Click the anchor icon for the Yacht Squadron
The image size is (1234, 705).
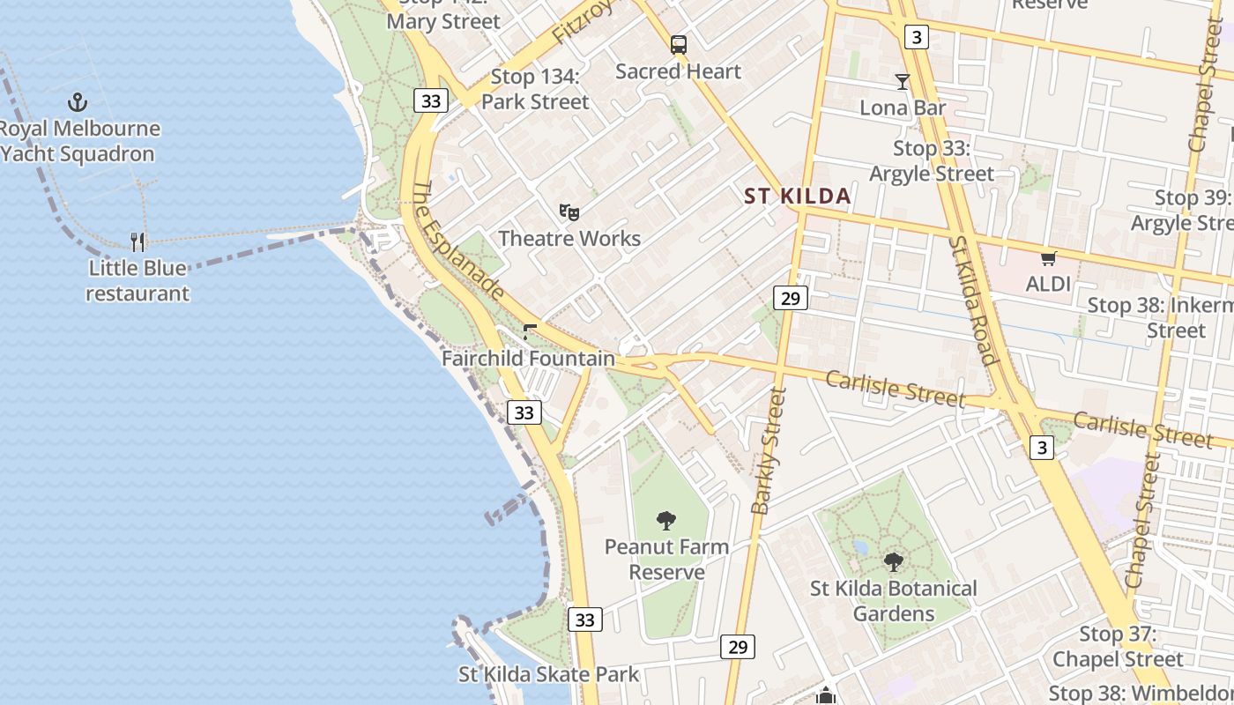point(78,102)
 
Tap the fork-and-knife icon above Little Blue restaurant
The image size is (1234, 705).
point(138,241)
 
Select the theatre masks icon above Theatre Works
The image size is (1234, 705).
point(569,211)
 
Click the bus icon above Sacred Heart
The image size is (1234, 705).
point(679,44)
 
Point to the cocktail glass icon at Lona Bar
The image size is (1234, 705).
point(902,82)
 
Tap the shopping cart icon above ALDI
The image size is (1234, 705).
point(1048,258)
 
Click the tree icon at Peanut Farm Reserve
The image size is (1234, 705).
point(666,520)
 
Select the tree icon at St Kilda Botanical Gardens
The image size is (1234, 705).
point(894,561)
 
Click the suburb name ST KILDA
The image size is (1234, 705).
point(798,196)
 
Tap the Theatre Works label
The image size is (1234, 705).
point(569,238)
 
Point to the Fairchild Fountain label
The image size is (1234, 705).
point(528,359)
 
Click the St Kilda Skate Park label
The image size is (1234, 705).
point(548,675)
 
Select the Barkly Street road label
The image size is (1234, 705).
point(768,450)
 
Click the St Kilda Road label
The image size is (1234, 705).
point(973,300)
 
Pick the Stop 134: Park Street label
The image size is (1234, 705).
point(535,89)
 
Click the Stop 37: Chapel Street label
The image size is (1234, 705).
point(1118,646)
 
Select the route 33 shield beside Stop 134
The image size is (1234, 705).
point(431,100)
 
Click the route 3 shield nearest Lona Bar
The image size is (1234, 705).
point(917,36)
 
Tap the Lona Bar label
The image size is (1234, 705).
point(903,108)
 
